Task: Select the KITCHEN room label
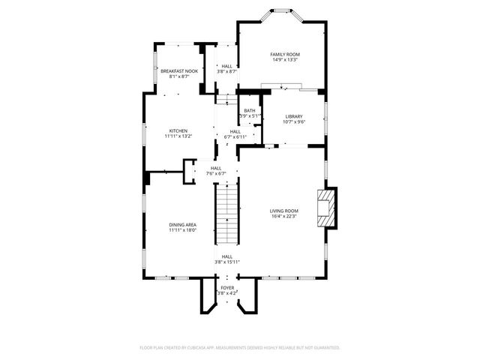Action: tap(178, 130)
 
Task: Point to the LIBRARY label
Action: tap(293, 116)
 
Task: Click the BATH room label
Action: tap(249, 110)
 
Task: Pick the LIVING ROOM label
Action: tap(284, 211)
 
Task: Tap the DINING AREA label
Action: tap(183, 224)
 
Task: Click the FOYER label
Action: tap(226, 287)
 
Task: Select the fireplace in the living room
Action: tap(326, 207)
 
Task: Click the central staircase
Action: tap(227, 214)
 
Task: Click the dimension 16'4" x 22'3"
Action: tap(284, 217)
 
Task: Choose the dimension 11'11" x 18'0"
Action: tap(183, 230)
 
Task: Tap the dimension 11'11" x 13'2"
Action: tap(178, 136)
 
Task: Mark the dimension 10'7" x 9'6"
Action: tap(293, 122)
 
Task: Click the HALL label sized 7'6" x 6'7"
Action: tap(216, 168)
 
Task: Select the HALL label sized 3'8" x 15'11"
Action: tap(226, 256)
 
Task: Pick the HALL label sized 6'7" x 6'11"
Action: tap(235, 132)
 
